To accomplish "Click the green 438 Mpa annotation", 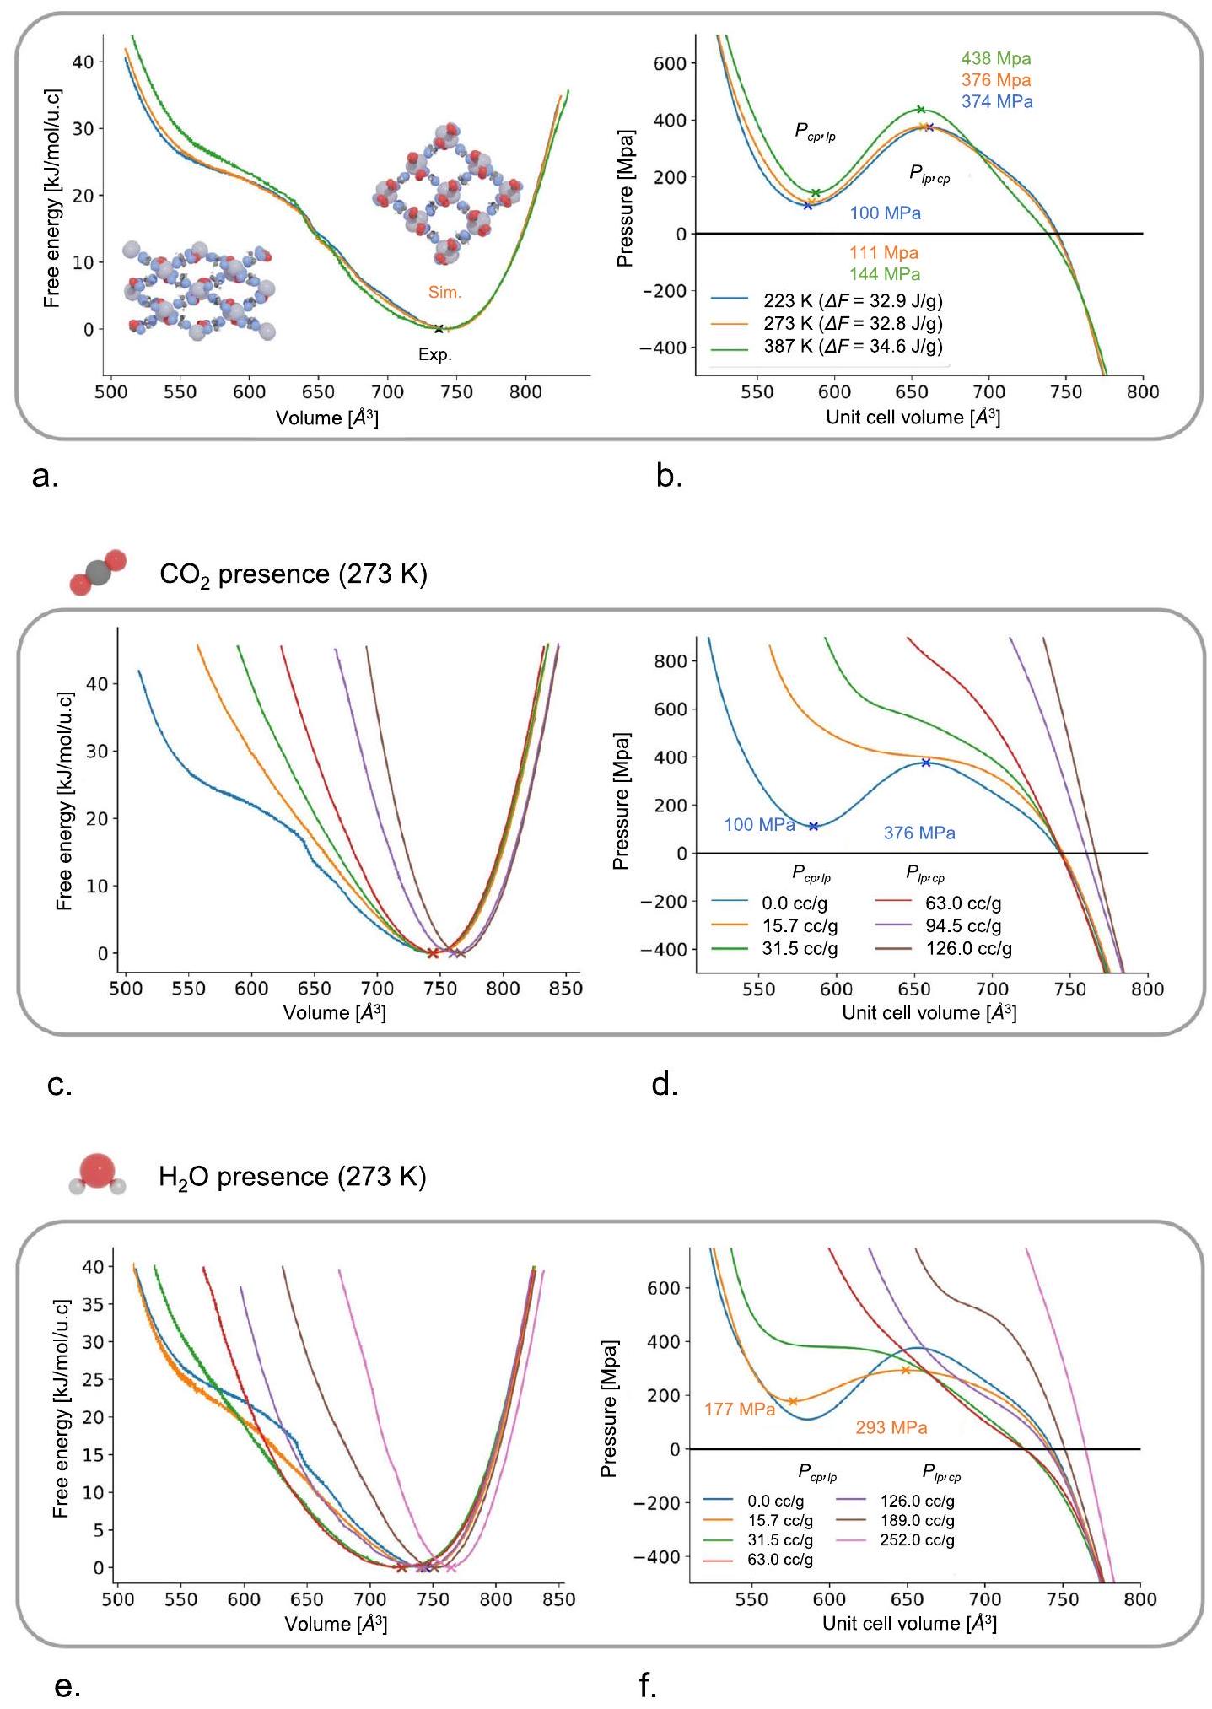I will tap(995, 59).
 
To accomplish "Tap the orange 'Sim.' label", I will tap(444, 293).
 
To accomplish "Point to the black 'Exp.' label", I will tap(435, 355).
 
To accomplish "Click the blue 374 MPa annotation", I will tap(997, 101).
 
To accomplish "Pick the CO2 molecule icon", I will tap(98, 573).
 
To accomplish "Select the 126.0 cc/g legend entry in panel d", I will tap(968, 949).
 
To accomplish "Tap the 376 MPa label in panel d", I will tap(919, 833).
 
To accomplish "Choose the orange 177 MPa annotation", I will tap(740, 1410).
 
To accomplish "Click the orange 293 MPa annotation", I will tap(891, 1428).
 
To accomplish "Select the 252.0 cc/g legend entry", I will tap(917, 1540).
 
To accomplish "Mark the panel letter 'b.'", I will tap(670, 477).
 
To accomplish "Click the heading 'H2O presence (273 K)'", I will tap(293, 1177).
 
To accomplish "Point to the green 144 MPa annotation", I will tap(885, 274).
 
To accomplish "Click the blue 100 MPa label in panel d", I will tap(759, 825).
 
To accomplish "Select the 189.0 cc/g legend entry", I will tap(917, 1521).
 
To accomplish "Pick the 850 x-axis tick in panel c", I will tap(566, 989).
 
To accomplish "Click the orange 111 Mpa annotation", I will tap(884, 253).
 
